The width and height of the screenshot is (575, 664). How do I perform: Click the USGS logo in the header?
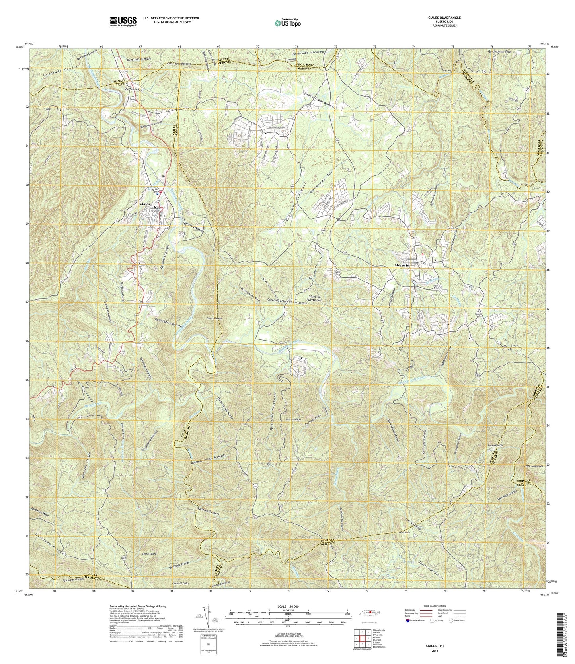coord(123,21)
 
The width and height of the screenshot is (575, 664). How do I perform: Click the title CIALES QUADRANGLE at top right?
coord(442,18)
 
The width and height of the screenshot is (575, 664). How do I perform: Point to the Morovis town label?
coord(403,265)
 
